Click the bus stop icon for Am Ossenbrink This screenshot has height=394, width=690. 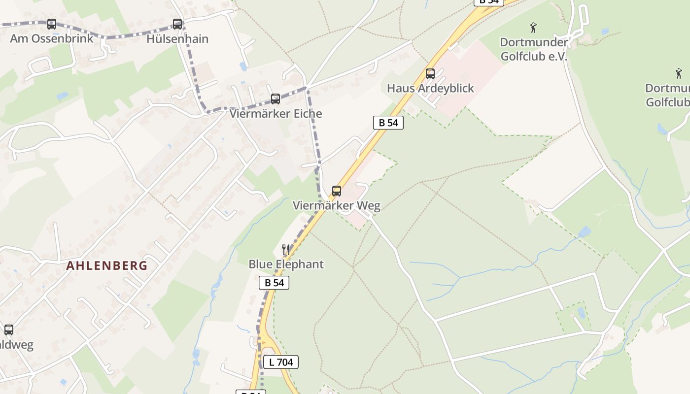pyautogui.click(x=51, y=24)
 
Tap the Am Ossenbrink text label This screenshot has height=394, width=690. pyautogui.click(x=51, y=38)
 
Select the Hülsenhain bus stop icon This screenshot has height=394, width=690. pyautogui.click(x=177, y=24)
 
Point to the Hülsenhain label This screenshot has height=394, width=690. pyautogui.click(x=177, y=38)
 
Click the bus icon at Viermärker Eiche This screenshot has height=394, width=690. pyautogui.click(x=276, y=98)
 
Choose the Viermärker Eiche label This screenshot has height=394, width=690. pyautogui.click(x=276, y=114)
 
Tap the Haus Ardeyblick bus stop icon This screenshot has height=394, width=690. pyautogui.click(x=430, y=74)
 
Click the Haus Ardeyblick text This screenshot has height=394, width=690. pyautogui.click(x=430, y=89)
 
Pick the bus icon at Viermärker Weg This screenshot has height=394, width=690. pyautogui.click(x=337, y=191)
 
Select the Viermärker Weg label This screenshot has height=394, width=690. pyautogui.click(x=337, y=206)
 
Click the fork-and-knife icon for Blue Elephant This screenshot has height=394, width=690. pyautogui.click(x=285, y=249)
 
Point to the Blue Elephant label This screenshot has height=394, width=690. pyautogui.click(x=286, y=264)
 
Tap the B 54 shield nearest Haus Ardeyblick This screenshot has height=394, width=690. pyautogui.click(x=388, y=123)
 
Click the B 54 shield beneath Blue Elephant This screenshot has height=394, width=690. pyautogui.click(x=274, y=283)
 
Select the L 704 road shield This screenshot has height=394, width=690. pyautogui.click(x=280, y=362)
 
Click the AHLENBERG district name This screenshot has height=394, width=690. pyautogui.click(x=107, y=266)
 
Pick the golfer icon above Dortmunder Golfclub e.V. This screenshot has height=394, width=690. pyautogui.click(x=533, y=27)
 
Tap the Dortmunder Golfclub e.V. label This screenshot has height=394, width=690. pyautogui.click(x=534, y=49)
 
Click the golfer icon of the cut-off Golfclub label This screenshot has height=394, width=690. pyautogui.click(x=679, y=74)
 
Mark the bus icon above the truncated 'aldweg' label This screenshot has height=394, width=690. pyautogui.click(x=9, y=330)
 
